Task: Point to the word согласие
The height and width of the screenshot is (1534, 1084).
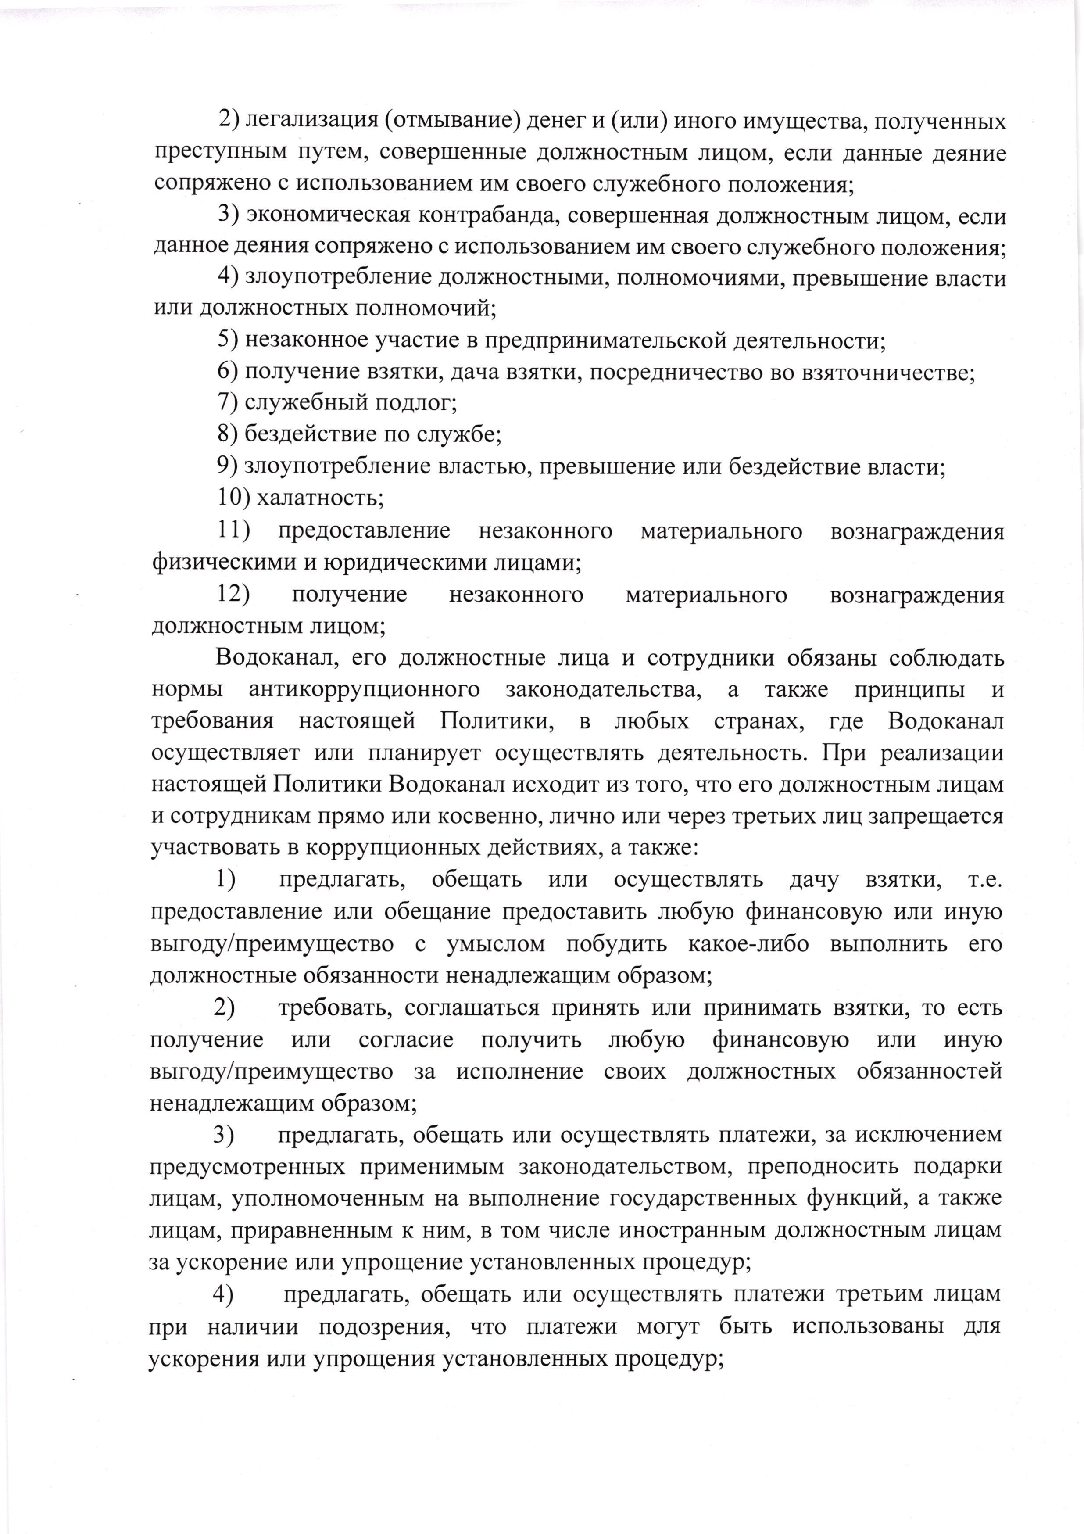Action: (406, 1039)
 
